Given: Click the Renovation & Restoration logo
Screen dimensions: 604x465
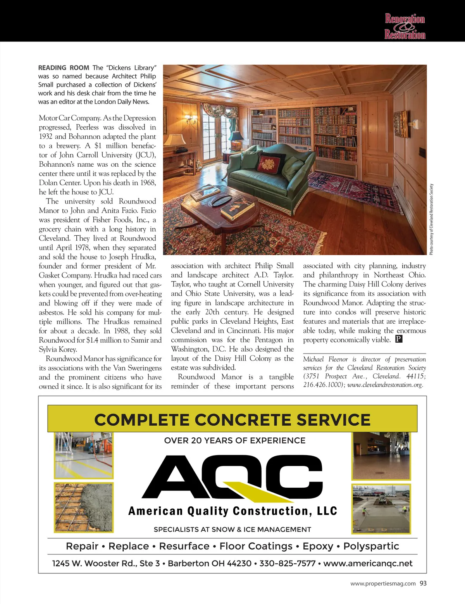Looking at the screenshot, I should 405,26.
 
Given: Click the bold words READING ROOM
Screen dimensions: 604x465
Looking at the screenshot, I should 64,68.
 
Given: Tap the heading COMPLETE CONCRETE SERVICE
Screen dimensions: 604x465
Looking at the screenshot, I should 232,420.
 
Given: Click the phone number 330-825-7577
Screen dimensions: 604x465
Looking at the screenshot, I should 287,563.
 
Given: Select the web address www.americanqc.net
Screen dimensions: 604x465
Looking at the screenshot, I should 368,563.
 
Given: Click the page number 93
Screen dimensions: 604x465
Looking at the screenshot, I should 423,583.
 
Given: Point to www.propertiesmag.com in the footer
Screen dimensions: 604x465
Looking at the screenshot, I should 383,583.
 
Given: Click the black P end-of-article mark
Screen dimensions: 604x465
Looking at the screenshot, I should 399,339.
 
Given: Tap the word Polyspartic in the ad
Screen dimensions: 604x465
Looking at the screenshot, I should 371,546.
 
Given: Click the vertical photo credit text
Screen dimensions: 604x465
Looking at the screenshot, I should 431,219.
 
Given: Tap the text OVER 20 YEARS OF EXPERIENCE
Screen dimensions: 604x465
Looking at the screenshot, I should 235,440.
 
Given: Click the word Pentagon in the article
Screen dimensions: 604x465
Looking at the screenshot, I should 269,340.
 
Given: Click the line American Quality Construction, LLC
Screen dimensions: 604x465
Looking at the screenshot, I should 232,511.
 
